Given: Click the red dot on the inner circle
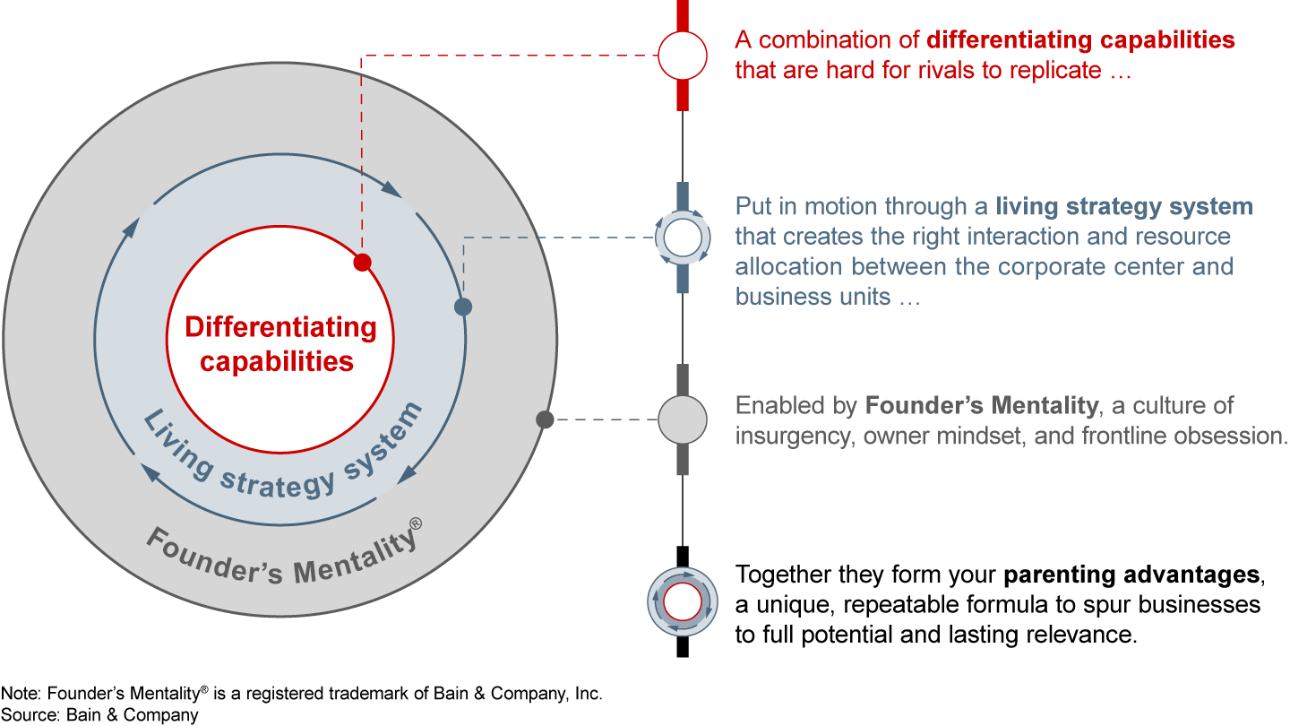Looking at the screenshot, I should [x=362, y=263].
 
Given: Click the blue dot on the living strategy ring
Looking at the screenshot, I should [x=463, y=307].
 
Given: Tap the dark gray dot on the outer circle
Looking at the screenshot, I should [x=544, y=419].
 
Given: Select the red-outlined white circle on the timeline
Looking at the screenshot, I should [x=683, y=56].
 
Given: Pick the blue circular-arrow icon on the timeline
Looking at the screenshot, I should [x=683, y=238].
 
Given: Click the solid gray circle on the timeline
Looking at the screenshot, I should [x=683, y=419].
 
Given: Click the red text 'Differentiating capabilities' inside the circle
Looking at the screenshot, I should [x=279, y=344].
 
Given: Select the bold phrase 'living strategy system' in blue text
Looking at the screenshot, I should [x=1124, y=207].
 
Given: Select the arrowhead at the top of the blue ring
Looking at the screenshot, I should [x=391, y=189].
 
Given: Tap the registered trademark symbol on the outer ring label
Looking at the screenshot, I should [x=416, y=524].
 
